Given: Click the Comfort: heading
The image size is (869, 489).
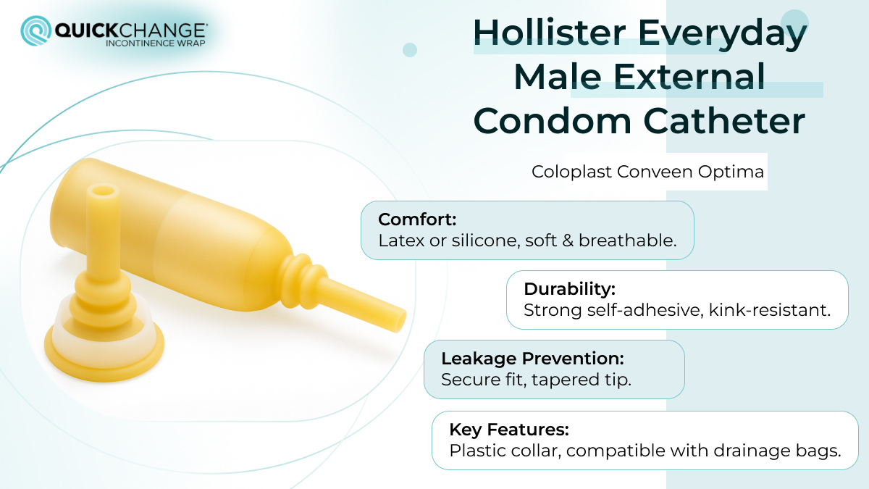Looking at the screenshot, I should click(417, 220).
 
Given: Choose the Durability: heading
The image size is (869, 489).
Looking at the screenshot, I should click(569, 289).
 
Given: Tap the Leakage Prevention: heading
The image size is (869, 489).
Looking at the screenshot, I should click(532, 358).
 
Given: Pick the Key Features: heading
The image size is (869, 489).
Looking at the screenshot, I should click(508, 429).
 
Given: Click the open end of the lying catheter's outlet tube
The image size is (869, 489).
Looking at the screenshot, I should click(398, 317).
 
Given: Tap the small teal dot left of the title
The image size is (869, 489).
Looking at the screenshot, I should click(410, 49).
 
